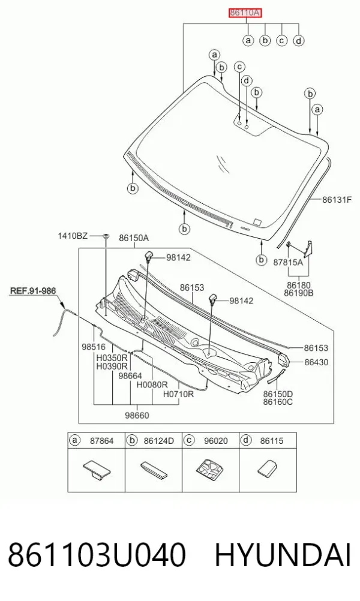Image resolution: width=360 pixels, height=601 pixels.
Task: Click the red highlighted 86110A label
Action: tap(245, 13)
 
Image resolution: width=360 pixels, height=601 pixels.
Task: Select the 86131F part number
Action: tap(337, 199)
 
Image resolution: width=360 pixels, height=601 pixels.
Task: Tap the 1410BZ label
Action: tap(73, 235)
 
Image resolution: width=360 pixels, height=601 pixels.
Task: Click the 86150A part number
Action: tap(133, 238)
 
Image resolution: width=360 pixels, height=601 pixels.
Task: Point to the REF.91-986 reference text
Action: tap(32, 291)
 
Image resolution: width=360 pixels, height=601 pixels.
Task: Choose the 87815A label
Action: tap(288, 262)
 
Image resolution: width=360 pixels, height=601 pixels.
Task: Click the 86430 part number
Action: tap(316, 362)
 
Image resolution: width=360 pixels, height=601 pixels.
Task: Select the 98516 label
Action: tap(94, 347)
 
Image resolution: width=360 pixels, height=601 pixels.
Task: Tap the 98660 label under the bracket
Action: tap(137, 416)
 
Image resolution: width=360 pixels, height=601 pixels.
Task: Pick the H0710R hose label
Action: tap(178, 393)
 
